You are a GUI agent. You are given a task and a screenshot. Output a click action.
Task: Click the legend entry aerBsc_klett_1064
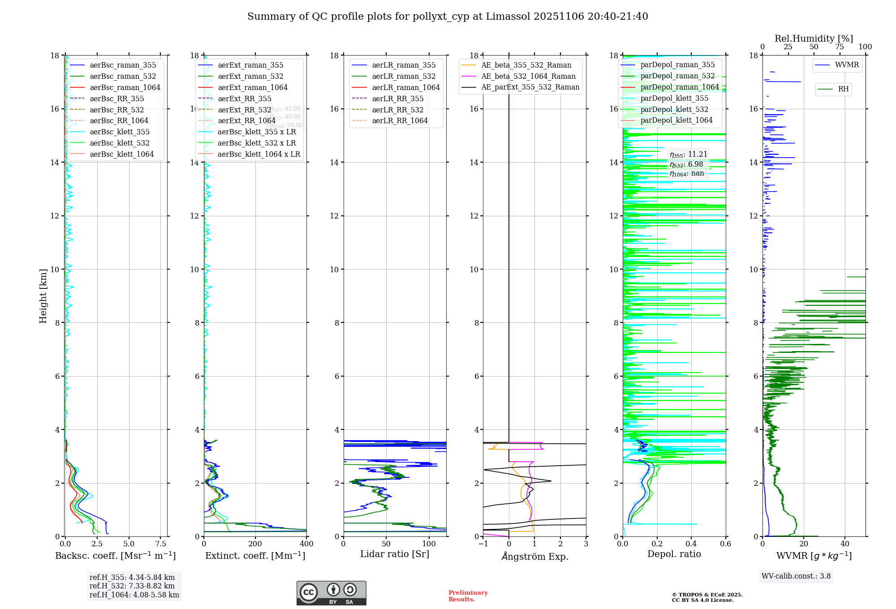point(121,154)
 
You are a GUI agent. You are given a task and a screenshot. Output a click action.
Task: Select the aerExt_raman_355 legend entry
point(250,65)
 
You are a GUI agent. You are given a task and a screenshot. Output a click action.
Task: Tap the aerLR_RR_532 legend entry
point(397,110)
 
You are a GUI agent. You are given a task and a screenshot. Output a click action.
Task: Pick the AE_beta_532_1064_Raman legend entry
point(528,76)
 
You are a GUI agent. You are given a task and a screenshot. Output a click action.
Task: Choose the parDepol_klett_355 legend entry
point(674,98)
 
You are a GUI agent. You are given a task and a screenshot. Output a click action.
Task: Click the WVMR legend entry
point(847,65)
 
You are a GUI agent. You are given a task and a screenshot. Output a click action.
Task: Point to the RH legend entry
point(843,89)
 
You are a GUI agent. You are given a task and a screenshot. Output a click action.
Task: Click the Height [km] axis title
point(43,296)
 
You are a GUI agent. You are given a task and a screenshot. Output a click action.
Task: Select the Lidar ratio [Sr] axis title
point(395,554)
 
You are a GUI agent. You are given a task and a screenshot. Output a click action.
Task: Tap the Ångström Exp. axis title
point(534,556)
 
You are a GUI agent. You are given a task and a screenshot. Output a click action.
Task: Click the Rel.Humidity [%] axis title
point(814,39)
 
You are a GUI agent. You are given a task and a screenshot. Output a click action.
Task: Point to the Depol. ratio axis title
point(674,554)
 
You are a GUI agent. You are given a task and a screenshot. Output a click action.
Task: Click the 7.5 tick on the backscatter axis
point(161,544)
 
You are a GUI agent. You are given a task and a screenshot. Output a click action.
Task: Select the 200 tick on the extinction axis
point(255,544)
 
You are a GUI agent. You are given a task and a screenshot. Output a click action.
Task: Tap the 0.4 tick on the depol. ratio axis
point(691,544)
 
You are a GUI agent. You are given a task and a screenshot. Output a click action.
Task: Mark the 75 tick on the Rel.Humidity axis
point(840,47)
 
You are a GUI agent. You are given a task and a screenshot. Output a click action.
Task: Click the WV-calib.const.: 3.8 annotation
point(796,576)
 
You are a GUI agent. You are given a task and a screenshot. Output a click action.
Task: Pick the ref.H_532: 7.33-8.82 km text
point(132,586)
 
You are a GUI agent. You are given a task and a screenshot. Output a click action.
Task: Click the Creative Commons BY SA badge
point(331,593)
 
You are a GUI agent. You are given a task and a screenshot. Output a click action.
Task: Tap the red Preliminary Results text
point(468,596)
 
